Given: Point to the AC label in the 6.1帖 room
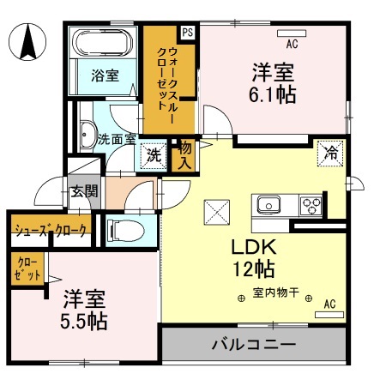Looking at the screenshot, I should coord(292,44).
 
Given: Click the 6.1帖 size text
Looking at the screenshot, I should coord(274,93).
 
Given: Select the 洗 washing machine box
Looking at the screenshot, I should coord(154,156).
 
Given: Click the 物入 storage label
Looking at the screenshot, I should coord(183,156).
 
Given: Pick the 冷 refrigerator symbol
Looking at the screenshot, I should coord(329,153).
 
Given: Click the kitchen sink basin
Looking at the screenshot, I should coord(268,205).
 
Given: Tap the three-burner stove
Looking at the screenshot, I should coord(310,205).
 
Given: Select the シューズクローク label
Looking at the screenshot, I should coord(49,231).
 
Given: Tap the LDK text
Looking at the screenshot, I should coord(251,246).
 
